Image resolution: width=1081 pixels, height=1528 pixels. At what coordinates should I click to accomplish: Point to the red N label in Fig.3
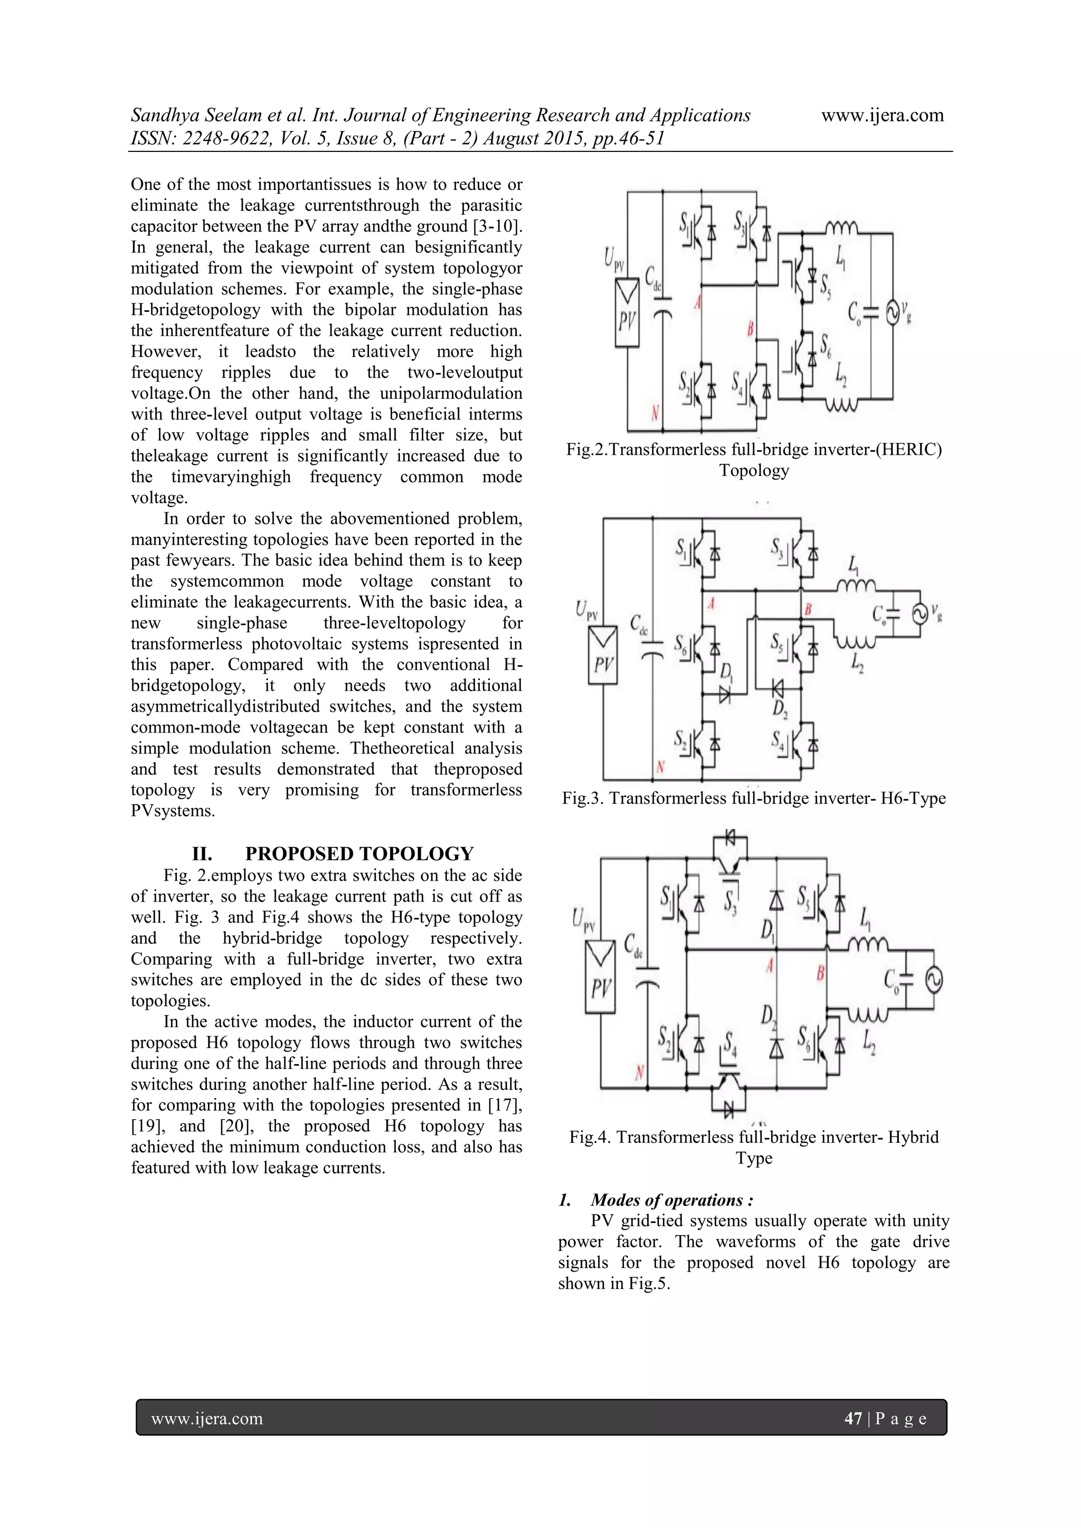pos(660,767)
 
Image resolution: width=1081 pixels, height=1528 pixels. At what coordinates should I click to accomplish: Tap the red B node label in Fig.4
pos(820,973)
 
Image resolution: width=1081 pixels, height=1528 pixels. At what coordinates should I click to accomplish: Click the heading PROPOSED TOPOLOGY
pos(359,854)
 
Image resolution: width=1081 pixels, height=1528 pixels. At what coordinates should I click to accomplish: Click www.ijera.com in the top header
pos(882,115)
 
